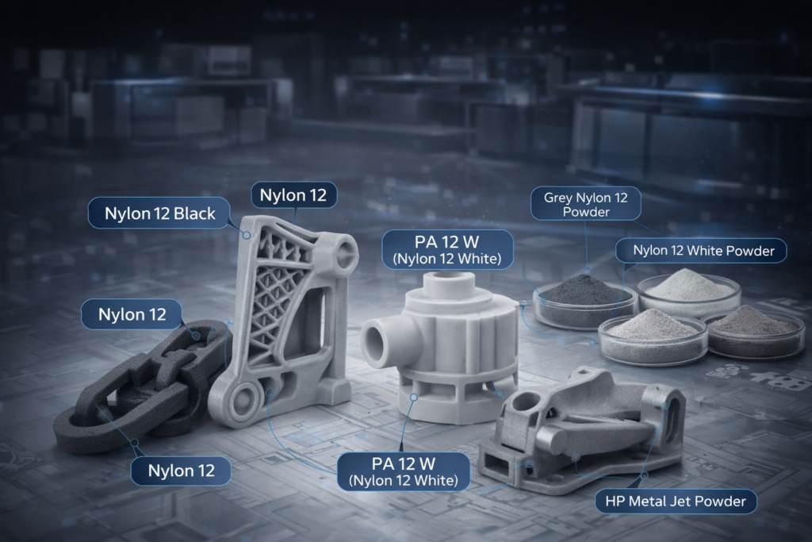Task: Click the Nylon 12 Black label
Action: point(159,213)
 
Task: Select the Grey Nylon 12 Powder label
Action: point(586,204)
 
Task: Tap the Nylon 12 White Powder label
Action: point(701,251)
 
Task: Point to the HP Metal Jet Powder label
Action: point(676,501)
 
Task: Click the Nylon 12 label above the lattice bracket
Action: point(293,195)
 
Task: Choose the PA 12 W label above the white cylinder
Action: point(447,249)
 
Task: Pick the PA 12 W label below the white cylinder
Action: point(404,471)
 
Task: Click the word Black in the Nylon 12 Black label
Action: point(194,213)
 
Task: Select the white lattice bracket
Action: point(285,321)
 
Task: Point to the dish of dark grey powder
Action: point(584,303)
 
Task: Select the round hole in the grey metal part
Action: point(527,402)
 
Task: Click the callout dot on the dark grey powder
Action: point(587,271)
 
